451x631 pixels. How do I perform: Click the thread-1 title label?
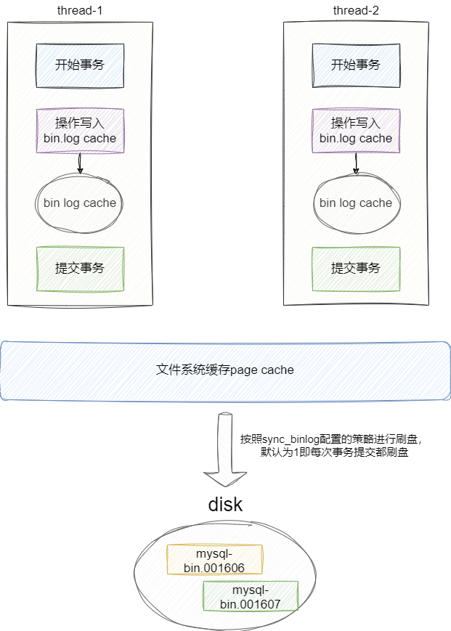[80, 11]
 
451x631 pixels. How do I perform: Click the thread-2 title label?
[356, 11]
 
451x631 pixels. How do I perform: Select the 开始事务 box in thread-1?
[80, 65]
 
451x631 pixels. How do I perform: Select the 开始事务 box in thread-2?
[356, 65]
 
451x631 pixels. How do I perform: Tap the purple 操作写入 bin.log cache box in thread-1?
[80, 131]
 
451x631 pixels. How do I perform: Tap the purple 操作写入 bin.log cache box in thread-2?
[356, 131]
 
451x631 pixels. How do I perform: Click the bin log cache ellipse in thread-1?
[80, 203]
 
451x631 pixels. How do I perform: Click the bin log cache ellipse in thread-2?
[356, 203]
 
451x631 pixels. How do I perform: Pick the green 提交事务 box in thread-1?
[80, 269]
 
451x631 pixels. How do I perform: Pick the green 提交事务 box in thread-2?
[356, 269]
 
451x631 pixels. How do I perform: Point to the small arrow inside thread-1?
[80, 163]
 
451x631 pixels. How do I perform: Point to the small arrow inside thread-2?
[356, 163]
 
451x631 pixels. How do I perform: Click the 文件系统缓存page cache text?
[225, 370]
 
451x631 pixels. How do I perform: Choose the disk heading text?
[225, 505]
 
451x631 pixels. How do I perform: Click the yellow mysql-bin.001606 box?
[214, 560]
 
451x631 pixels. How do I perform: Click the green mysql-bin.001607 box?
[251, 596]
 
